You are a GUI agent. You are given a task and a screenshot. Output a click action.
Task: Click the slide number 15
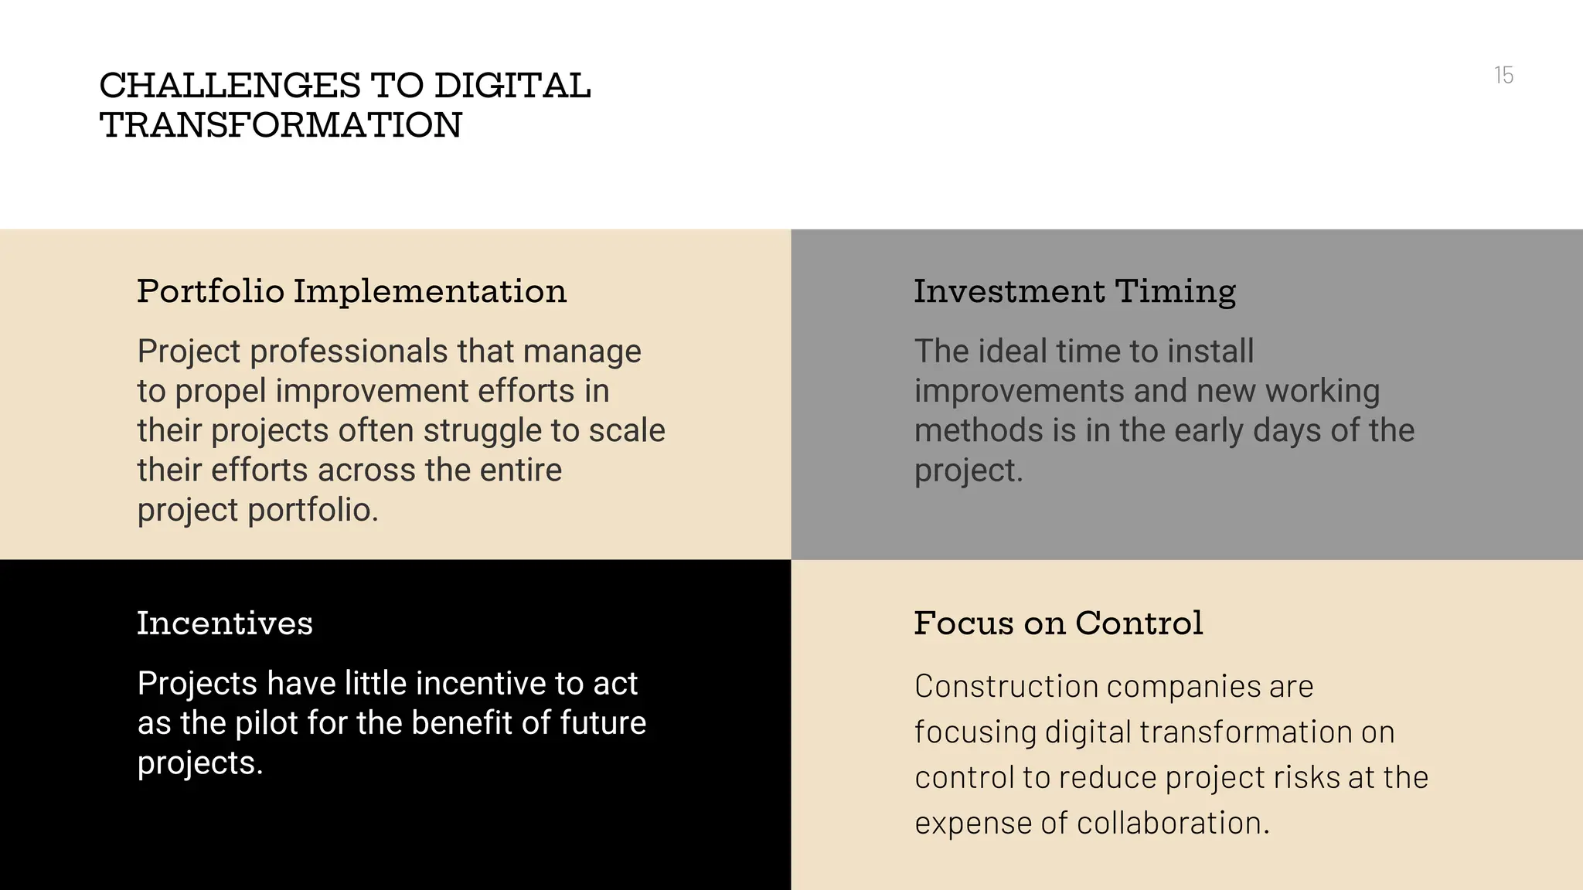(1503, 75)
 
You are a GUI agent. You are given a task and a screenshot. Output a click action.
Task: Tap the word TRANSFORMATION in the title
(281, 125)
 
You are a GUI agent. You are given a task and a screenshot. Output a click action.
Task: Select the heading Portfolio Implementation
(352, 291)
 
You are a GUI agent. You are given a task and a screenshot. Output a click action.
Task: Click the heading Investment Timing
(1074, 291)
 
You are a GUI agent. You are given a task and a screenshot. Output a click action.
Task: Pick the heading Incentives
(225, 623)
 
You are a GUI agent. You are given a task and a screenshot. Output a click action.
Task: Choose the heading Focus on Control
(1058, 623)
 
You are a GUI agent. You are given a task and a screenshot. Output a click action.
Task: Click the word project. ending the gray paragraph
(968, 470)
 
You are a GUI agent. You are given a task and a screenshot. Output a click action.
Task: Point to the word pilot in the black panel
(266, 723)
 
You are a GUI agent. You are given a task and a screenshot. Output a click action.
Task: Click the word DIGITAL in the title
(512, 86)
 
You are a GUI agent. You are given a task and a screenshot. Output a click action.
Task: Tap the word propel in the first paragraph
(220, 391)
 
